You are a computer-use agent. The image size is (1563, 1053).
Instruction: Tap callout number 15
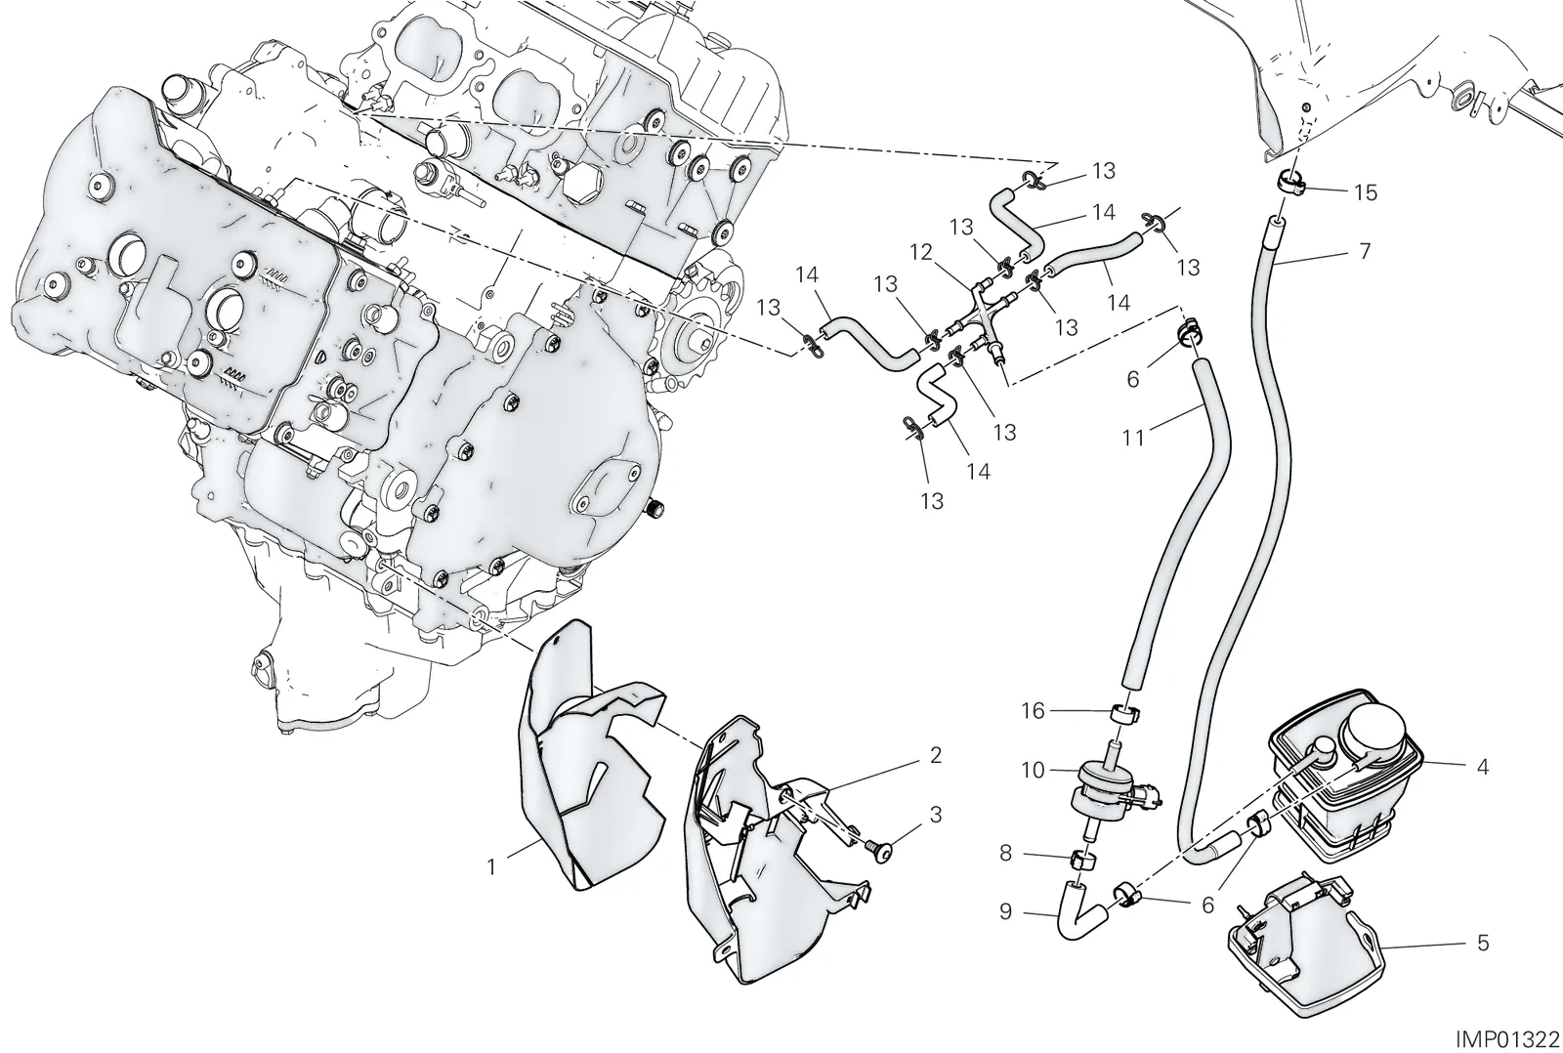1366,191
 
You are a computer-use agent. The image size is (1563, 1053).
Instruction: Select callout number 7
1366,250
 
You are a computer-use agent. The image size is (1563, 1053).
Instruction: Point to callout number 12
921,252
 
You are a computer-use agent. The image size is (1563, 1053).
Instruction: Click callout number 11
1133,438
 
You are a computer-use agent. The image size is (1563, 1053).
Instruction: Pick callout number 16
1033,710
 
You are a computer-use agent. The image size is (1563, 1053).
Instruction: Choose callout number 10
1033,771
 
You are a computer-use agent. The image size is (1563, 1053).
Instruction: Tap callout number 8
1005,853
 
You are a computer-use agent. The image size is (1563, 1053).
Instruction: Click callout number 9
1005,911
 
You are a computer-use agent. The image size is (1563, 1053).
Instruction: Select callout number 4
1483,767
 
